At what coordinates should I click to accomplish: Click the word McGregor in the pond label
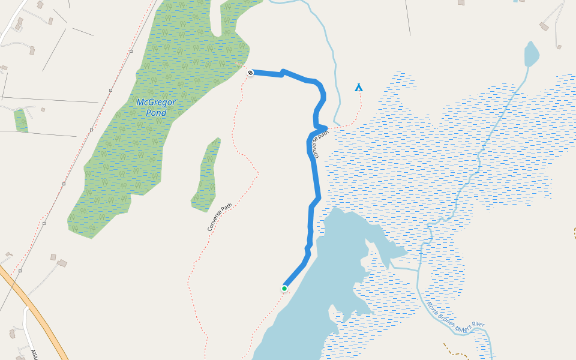(156, 102)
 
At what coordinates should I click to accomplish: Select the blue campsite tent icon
(359, 87)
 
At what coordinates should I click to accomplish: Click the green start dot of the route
(284, 289)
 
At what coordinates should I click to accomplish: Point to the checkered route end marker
(250, 73)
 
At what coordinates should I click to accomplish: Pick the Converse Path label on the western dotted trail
(220, 218)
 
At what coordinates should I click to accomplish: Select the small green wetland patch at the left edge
(21, 121)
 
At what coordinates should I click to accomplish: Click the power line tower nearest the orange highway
(20, 271)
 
